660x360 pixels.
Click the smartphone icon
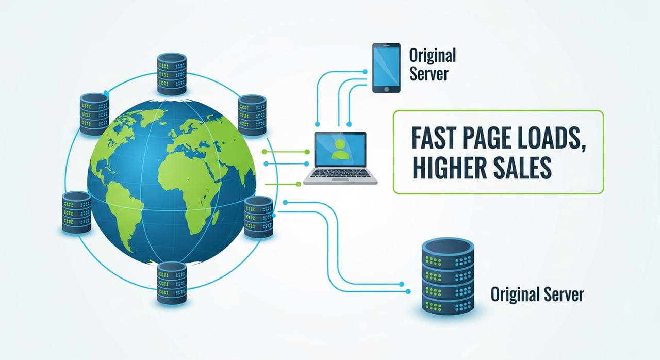click(386, 68)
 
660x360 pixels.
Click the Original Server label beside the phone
click(432, 64)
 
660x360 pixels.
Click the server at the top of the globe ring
click(171, 73)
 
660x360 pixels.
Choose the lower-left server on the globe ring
click(76, 211)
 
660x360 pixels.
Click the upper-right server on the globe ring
click(251, 115)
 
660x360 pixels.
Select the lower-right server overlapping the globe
click(258, 216)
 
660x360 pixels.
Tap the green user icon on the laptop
click(340, 149)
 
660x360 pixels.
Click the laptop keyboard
click(340, 174)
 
